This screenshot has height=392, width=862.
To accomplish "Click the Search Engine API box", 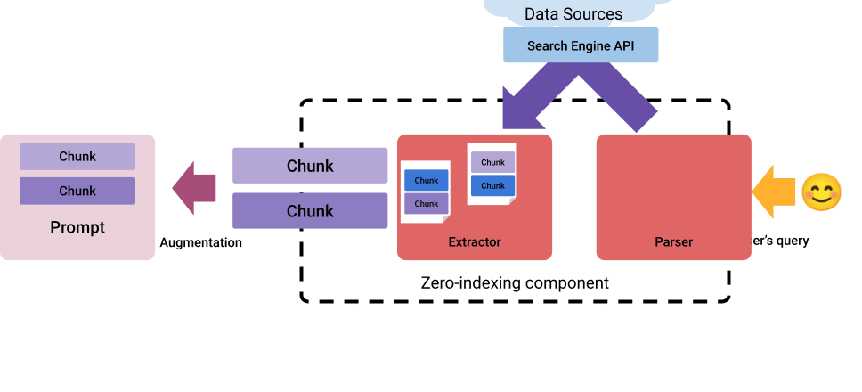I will click(x=581, y=45).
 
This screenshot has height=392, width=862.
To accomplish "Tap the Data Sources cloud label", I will click(x=573, y=13).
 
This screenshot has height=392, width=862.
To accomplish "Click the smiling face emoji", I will click(x=821, y=192).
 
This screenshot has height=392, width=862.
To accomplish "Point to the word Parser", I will click(x=673, y=241).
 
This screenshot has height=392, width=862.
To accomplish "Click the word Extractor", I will click(x=475, y=241).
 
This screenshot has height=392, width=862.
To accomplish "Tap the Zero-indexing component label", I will click(x=514, y=283).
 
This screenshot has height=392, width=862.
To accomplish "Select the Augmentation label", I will click(x=200, y=242).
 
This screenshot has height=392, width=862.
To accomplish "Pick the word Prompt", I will click(x=77, y=227).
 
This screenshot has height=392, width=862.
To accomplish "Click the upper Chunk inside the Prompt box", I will click(x=77, y=157).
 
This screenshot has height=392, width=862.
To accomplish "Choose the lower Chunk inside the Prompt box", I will click(x=77, y=191).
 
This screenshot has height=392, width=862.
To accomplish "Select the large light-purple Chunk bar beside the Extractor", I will click(x=310, y=166).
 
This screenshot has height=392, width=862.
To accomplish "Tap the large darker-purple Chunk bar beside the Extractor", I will click(x=310, y=211).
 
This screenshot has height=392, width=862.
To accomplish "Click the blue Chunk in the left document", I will click(x=427, y=181).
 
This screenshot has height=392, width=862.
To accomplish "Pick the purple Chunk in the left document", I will click(x=427, y=204).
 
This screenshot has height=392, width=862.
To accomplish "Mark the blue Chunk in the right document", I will click(x=492, y=186).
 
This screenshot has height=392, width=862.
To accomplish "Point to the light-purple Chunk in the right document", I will click(x=492, y=162).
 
